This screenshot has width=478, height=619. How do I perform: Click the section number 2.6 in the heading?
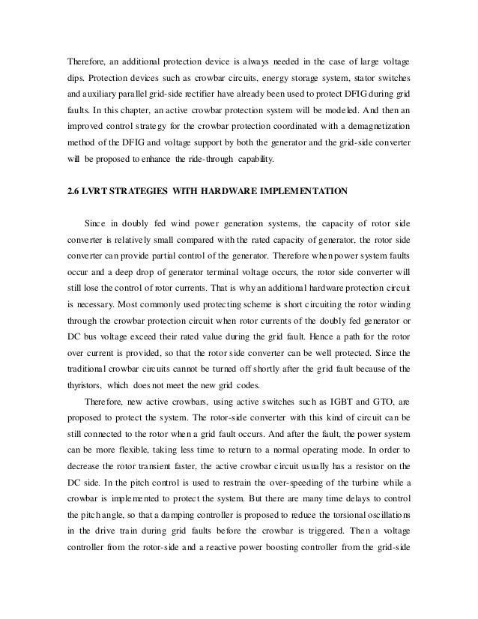[74, 192]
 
